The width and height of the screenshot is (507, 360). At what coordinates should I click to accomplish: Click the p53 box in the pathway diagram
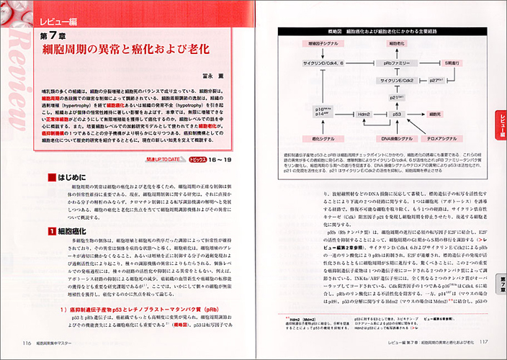397,114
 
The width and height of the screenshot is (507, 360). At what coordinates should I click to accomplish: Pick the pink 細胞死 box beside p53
437,114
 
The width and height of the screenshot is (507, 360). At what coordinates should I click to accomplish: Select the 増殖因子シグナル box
322,44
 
